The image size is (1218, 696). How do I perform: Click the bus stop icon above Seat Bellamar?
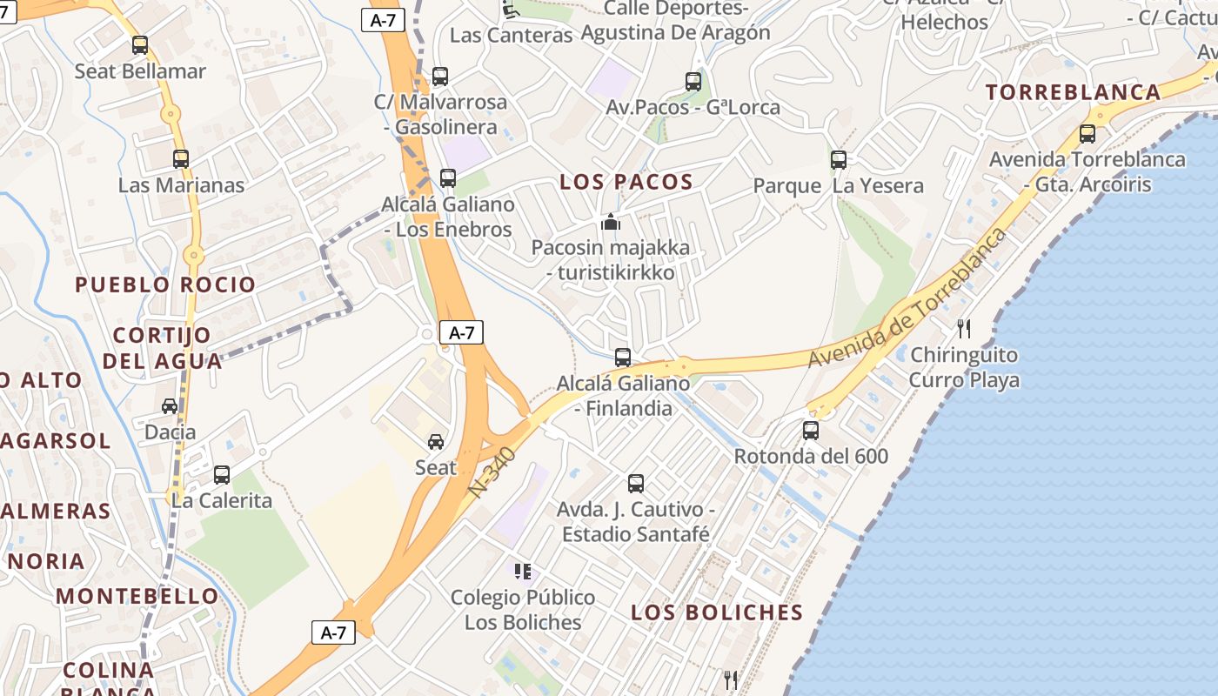(140, 45)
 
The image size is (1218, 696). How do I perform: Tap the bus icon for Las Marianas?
(181, 159)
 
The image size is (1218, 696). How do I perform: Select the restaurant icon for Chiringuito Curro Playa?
(963, 329)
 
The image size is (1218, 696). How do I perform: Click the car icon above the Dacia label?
(170, 406)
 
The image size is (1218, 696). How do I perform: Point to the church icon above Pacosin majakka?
(612, 222)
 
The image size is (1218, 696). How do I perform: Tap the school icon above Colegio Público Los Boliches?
(523, 572)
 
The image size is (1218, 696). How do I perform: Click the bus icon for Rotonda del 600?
(811, 430)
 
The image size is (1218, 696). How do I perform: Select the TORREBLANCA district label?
(1073, 92)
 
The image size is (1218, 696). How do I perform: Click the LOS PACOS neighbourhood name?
(626, 182)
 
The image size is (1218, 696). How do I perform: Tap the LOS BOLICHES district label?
(717, 612)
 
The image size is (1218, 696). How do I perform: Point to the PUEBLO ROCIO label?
(165, 284)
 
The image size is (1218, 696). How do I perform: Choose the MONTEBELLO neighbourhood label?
(137, 597)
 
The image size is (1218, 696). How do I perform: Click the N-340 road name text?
(493, 472)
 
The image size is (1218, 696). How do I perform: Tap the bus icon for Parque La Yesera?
(839, 160)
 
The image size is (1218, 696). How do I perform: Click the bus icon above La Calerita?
(222, 475)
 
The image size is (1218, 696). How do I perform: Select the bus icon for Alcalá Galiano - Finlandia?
(623, 358)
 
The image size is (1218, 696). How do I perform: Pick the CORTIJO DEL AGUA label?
(162, 347)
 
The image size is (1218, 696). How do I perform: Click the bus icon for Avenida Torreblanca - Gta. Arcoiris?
(1087, 134)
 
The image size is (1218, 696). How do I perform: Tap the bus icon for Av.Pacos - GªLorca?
(693, 82)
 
